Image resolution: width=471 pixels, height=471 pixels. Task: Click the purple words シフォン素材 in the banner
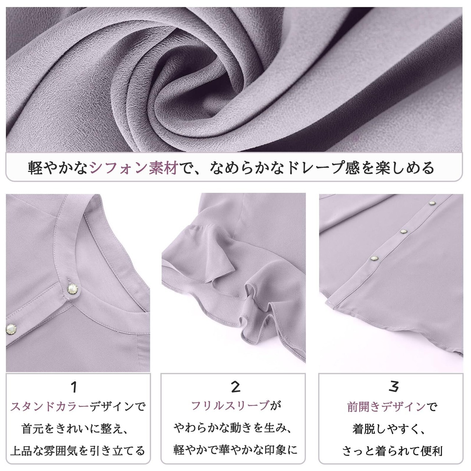click(134, 168)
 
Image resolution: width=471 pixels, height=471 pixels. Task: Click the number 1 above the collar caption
click(74, 387)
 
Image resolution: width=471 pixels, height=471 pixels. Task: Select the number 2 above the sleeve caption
click(235, 387)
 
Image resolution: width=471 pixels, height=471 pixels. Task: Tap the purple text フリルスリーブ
click(230, 406)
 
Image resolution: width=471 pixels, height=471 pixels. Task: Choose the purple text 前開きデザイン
click(387, 407)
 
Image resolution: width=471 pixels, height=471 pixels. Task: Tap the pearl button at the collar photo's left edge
click(11, 329)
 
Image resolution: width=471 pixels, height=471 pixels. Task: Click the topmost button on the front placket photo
click(432, 203)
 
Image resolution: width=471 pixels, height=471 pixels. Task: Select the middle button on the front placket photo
click(403, 231)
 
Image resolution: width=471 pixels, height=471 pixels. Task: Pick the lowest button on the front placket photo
click(374, 258)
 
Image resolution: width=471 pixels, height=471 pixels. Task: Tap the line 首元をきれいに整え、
click(75, 429)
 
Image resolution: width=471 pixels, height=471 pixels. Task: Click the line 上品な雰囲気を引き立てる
click(78, 451)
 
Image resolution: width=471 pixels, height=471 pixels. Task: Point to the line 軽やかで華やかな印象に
click(235, 450)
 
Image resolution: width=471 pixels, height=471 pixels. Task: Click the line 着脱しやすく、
click(389, 429)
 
